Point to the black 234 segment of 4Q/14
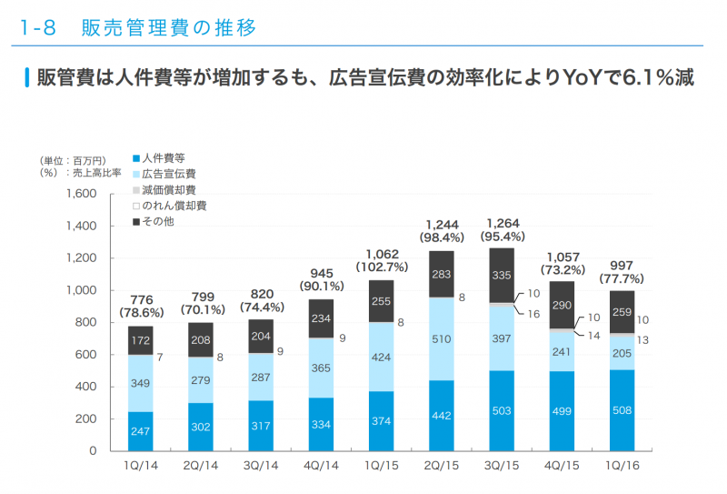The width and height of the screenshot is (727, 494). [321, 318]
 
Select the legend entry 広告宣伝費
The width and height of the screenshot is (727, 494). [171, 174]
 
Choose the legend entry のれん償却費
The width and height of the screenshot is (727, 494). [175, 206]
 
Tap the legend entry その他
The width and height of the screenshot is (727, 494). [161, 222]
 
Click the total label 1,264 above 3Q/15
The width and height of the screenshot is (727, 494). [502, 223]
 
